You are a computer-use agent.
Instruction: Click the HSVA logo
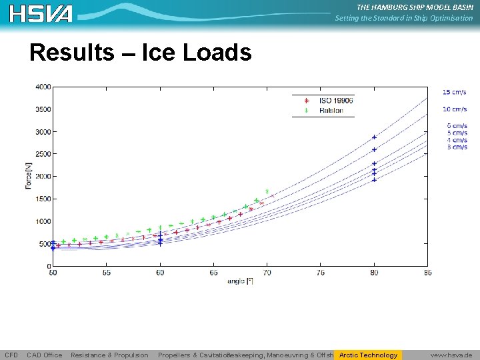(x=41, y=13)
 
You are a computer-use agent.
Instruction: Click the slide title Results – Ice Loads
(x=140, y=53)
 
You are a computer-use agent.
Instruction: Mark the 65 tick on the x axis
(x=213, y=273)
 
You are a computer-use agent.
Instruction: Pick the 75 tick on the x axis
(x=321, y=273)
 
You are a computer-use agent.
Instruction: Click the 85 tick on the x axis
(x=427, y=273)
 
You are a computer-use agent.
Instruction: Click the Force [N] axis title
(x=29, y=176)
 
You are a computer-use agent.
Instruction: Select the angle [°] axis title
(x=240, y=281)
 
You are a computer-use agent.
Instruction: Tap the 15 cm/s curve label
(x=455, y=91)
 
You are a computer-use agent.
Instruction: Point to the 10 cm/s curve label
(x=455, y=109)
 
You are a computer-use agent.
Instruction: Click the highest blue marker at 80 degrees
(x=374, y=137)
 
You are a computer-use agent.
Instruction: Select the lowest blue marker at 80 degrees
(x=374, y=179)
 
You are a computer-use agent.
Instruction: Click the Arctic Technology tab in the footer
(x=368, y=355)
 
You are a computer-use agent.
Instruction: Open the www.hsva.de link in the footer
(x=451, y=355)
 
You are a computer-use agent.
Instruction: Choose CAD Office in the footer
(x=45, y=355)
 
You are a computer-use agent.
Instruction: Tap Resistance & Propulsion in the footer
(x=109, y=355)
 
